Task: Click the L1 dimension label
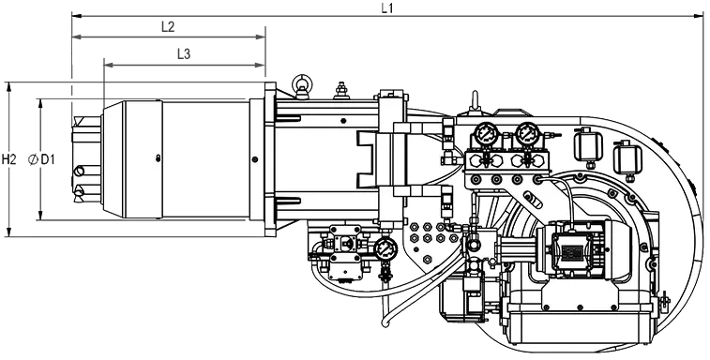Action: tap(386, 7)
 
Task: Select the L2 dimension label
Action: tap(168, 26)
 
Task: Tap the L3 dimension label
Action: tap(184, 54)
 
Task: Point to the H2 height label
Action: tap(8, 159)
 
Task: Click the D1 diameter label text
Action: tap(48, 159)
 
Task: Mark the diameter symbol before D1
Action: tap(33, 159)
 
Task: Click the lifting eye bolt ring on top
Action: tap(301, 82)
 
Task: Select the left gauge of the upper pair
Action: tap(487, 134)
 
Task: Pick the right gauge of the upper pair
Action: tap(527, 134)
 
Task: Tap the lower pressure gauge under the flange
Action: tap(385, 248)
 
